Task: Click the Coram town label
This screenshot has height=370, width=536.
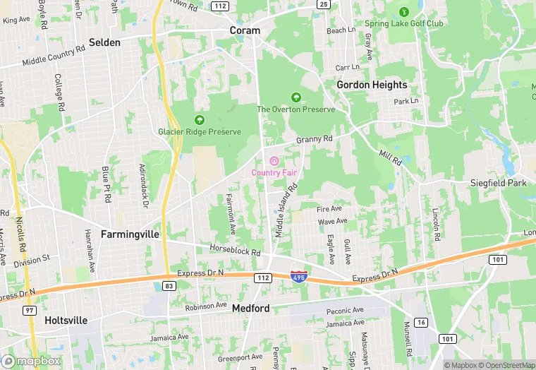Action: (x=245, y=30)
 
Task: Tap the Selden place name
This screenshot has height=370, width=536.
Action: (x=104, y=42)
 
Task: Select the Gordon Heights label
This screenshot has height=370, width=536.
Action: (x=372, y=85)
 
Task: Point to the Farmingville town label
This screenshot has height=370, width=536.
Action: (x=130, y=234)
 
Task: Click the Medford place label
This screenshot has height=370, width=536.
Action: (x=250, y=309)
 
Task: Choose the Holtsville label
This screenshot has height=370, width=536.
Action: (x=66, y=321)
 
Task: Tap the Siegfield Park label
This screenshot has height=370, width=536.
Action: (x=499, y=183)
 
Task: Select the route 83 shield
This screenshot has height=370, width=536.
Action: (x=169, y=285)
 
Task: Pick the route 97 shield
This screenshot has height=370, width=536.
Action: (x=30, y=311)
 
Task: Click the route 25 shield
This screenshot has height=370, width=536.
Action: (x=324, y=4)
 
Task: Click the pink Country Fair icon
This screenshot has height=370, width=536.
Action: (x=274, y=160)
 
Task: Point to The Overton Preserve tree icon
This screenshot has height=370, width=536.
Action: (x=296, y=97)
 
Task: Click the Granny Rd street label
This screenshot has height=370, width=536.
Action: (x=314, y=140)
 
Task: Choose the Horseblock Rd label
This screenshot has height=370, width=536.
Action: (x=235, y=250)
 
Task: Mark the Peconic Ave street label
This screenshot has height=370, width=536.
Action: (x=345, y=310)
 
